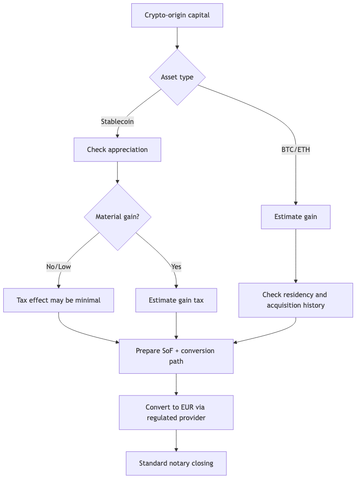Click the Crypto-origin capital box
(177, 15)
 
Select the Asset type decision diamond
(177, 77)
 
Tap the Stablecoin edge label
(117, 122)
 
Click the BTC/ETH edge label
(295, 149)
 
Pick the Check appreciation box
(117, 150)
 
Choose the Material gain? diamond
(117, 217)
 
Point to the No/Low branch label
(58, 266)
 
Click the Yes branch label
(176, 266)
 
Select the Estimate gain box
(295, 217)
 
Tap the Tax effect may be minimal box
(58, 300)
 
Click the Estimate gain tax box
(176, 300)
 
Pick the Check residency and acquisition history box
(295, 300)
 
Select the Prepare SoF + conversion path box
(176, 356)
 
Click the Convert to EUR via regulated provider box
(176, 412)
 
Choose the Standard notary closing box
(176, 463)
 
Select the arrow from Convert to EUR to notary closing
(176, 440)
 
